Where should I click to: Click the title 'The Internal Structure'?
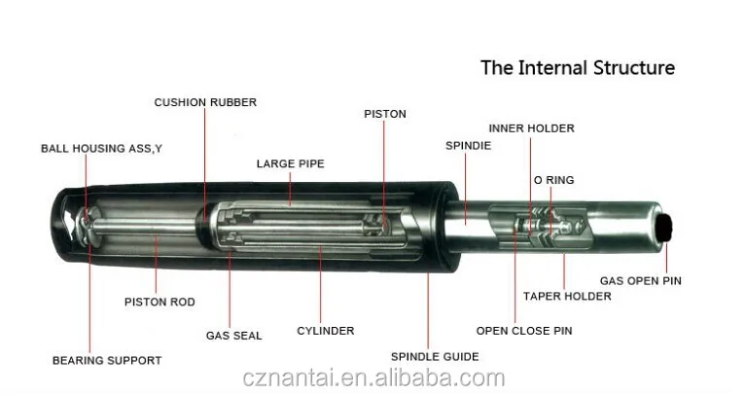click(578, 68)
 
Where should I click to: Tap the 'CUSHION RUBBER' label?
click(205, 102)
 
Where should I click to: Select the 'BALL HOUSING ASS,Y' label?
click(101, 149)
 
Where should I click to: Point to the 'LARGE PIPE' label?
click(289, 163)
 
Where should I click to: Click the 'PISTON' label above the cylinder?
click(385, 114)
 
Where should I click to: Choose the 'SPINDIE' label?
click(467, 145)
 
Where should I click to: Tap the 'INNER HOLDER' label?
click(531, 128)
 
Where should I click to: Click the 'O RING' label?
click(553, 180)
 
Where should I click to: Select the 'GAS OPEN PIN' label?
click(640, 281)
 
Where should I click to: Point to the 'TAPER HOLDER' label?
click(567, 296)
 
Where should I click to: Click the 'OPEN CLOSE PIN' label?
click(523, 331)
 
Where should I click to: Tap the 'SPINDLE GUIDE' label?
click(435, 357)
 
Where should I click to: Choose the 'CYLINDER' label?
click(325, 331)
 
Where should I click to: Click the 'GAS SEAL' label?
click(233, 336)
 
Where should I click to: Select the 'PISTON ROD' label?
click(160, 302)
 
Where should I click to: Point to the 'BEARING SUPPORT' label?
click(107, 360)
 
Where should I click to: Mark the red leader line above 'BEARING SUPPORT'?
click(89, 302)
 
